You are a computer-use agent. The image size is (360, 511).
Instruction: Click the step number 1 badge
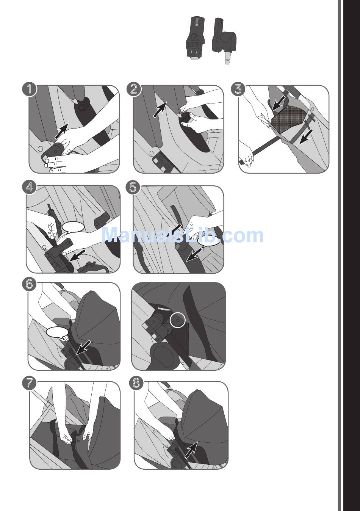(x=30, y=89)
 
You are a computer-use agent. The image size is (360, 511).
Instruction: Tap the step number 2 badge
(x=134, y=89)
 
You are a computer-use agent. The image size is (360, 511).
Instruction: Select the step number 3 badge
(x=238, y=89)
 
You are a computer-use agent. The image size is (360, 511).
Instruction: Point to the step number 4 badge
(x=30, y=188)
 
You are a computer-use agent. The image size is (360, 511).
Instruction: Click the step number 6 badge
(x=30, y=285)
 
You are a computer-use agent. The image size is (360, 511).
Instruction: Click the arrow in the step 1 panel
(x=61, y=131)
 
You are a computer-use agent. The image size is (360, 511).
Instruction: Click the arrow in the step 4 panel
(x=78, y=255)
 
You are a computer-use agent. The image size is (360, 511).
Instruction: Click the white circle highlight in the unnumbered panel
(x=178, y=320)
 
